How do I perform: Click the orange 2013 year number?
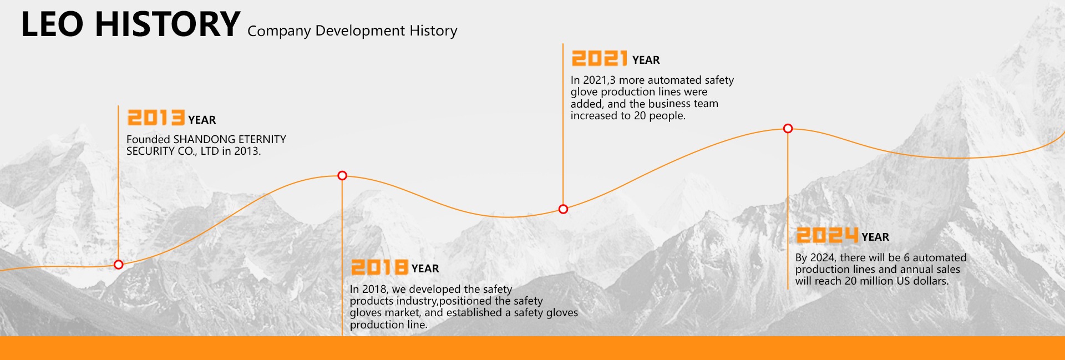(156, 118)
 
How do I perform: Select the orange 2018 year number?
(380, 267)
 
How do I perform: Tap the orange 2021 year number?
(600, 58)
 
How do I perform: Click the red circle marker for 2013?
(118, 265)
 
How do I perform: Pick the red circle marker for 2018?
(342, 175)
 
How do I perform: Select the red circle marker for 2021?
(563, 209)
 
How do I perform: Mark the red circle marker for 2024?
(788, 129)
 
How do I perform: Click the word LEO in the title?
(52, 24)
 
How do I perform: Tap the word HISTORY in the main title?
(168, 24)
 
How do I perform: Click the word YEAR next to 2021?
(646, 60)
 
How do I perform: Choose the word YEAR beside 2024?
(875, 237)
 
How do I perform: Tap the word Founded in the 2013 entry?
(148, 139)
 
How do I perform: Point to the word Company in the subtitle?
(279, 32)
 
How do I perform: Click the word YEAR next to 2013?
(202, 120)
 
